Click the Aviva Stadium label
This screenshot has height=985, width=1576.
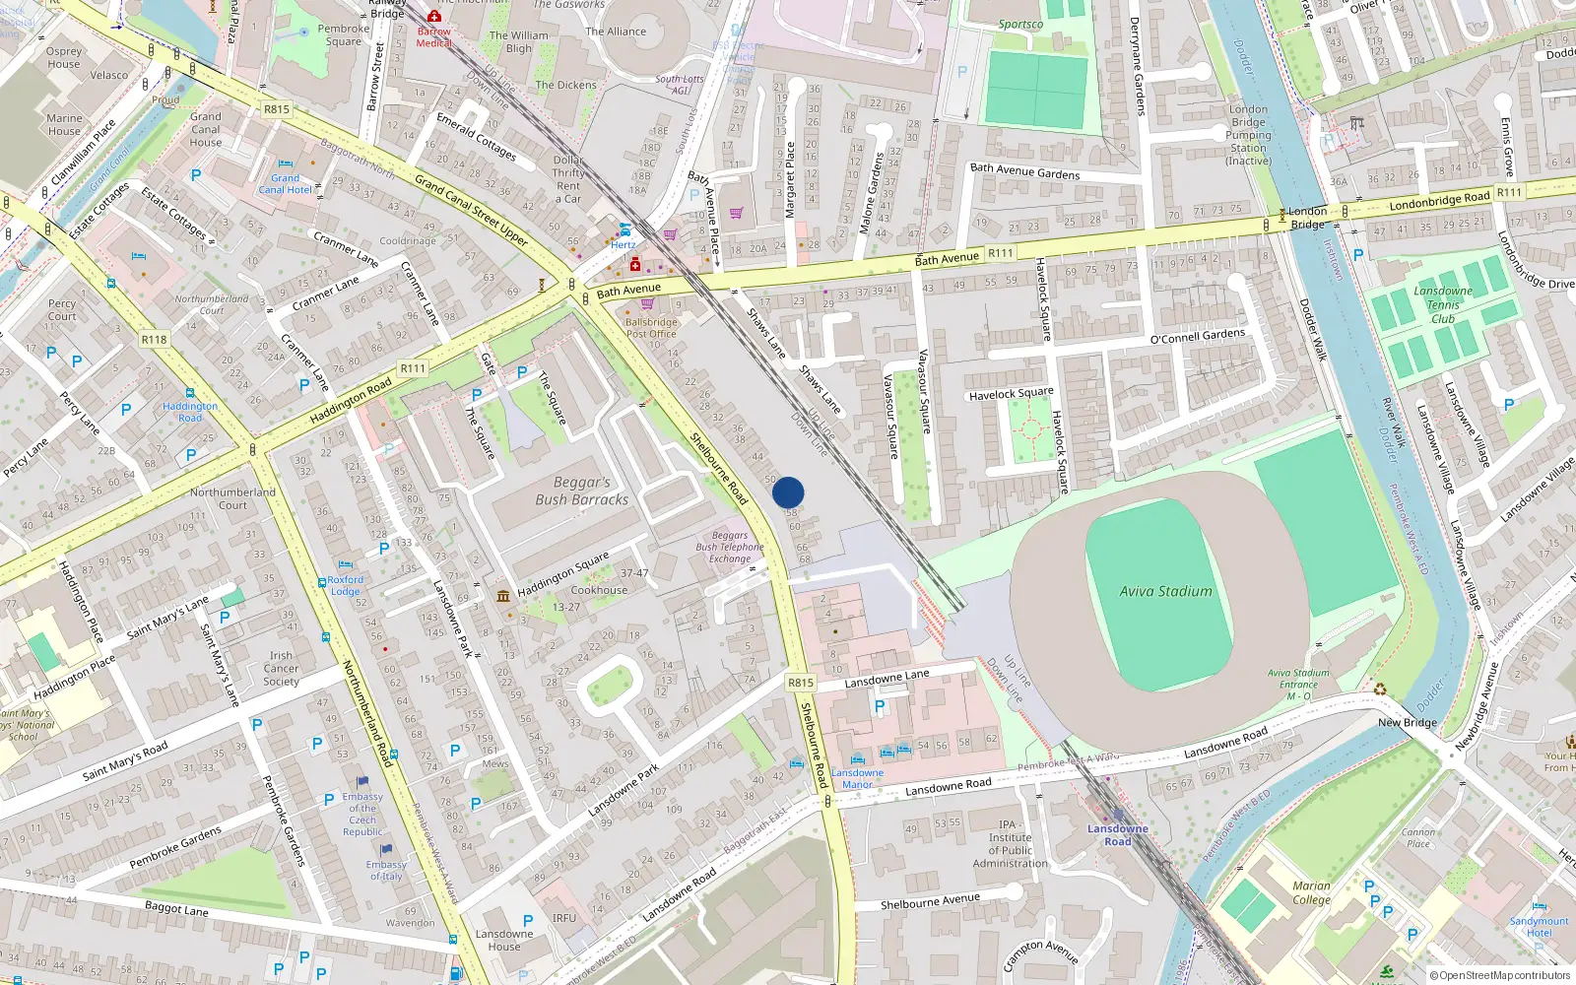coord(1165,592)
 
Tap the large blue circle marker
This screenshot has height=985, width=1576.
coord(788,492)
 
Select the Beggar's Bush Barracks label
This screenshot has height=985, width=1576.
coord(581,492)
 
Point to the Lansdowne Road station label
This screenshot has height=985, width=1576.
coord(1117,835)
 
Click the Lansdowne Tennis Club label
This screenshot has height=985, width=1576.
coord(1443,304)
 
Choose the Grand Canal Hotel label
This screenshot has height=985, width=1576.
coord(285,184)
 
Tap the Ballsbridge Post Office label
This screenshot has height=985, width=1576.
coord(651,328)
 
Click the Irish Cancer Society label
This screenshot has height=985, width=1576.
coord(281,668)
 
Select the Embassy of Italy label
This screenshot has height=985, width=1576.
coord(386,871)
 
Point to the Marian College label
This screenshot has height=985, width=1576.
coord(1311,892)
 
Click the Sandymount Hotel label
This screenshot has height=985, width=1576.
coord(1539,927)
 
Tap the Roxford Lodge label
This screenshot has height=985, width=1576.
coord(345,586)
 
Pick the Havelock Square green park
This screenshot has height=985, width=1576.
coord(1030,429)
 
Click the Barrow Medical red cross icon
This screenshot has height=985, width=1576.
coord(433,17)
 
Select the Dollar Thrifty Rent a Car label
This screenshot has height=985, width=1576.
coord(568,179)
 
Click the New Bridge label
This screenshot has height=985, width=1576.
coord(1407,722)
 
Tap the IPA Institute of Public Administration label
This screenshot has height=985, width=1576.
coord(1010,844)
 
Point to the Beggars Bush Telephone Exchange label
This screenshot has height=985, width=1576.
coord(730,548)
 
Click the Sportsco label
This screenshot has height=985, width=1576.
coord(1020,25)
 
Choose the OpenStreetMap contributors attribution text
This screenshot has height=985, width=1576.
coord(1499,976)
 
